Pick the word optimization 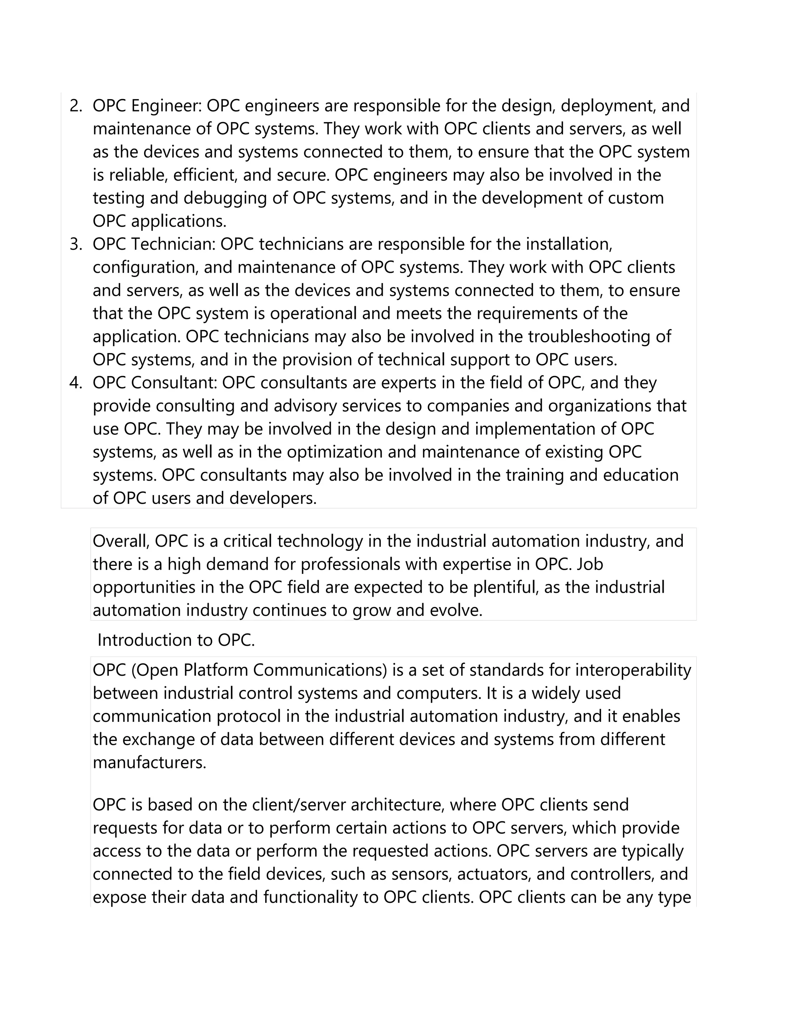(x=337, y=452)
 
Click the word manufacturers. (x=149, y=763)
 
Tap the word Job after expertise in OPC (x=590, y=564)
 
